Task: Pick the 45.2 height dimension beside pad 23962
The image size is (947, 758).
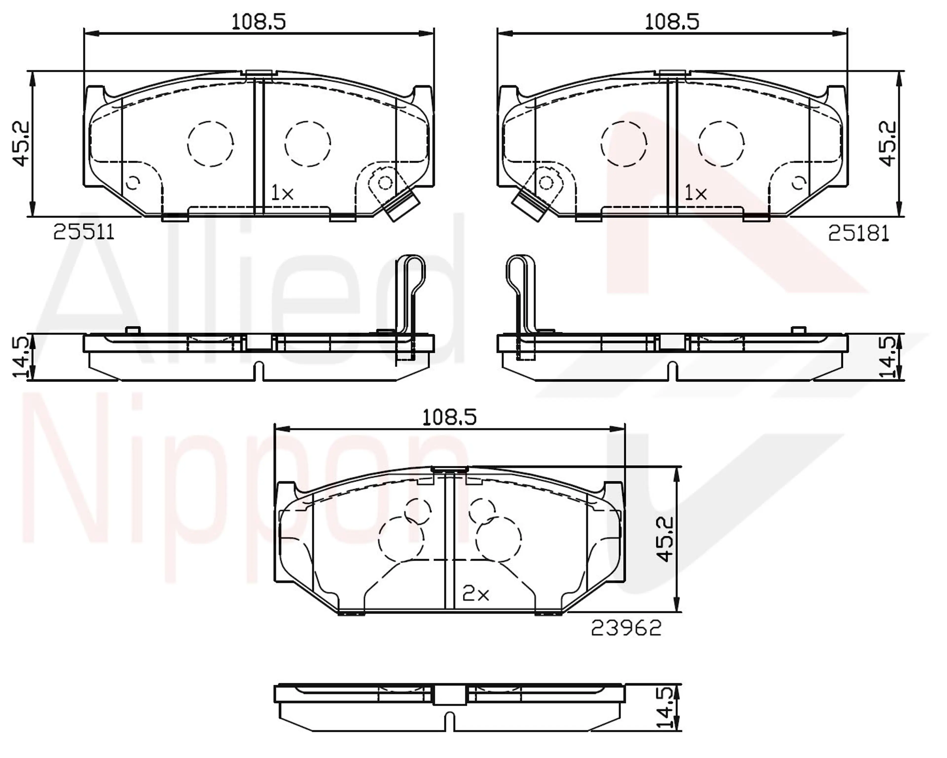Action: pos(665,539)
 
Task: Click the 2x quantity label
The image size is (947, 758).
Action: pos(476,595)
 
